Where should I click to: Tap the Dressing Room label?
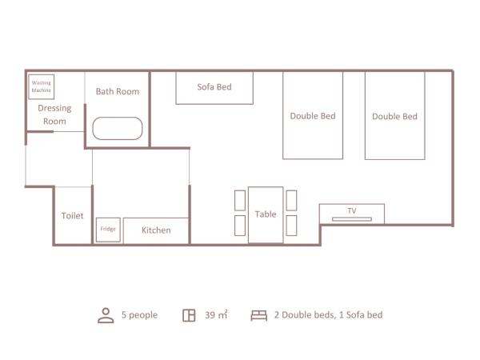(x=54, y=114)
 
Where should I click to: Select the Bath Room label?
(x=118, y=91)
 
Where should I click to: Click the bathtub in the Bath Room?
(x=118, y=129)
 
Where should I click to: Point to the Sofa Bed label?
(x=214, y=86)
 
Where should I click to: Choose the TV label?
(x=352, y=211)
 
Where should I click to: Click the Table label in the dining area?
(x=266, y=214)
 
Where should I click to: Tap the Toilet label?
(x=73, y=216)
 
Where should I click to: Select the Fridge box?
(x=108, y=230)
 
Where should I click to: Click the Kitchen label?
(x=156, y=230)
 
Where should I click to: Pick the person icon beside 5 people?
(x=106, y=315)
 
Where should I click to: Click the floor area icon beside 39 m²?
(x=189, y=315)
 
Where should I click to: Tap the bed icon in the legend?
(x=258, y=315)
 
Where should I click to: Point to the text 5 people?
(x=139, y=315)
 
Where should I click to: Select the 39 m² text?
(x=215, y=315)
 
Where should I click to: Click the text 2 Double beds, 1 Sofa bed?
(x=328, y=315)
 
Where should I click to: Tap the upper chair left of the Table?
(x=240, y=200)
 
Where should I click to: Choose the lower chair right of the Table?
(x=291, y=226)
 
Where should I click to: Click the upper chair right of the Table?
(x=291, y=200)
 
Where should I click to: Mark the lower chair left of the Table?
(x=240, y=226)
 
